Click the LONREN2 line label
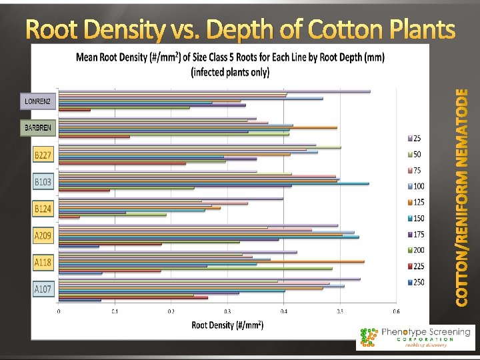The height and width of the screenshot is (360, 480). (38, 101)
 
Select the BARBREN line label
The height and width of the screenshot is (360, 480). (39, 127)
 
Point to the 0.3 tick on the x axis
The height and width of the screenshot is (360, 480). (227, 311)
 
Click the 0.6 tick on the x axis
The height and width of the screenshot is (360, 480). (395, 311)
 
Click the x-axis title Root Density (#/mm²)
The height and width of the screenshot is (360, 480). (227, 325)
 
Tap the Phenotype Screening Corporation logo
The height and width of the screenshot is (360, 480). (415, 338)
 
